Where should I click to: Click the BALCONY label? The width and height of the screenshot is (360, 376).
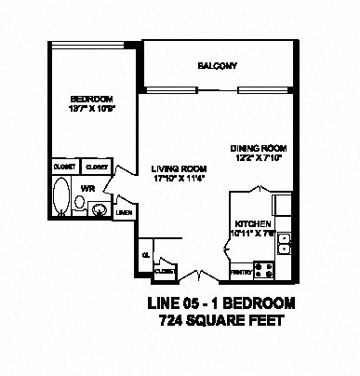pos(219,65)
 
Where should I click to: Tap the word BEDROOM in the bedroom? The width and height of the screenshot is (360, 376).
pos(92,100)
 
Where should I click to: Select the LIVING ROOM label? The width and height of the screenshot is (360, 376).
pos(170,168)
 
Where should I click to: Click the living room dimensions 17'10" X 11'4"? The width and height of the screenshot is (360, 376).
pos(171,179)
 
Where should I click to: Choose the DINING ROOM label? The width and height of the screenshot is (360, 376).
pos(259,148)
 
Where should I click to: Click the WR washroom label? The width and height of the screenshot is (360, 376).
pos(88,187)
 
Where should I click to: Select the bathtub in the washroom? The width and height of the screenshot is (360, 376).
pos(60,198)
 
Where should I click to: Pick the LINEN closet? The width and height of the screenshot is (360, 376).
pos(124,213)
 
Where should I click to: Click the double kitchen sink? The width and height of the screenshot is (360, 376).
pos(287,243)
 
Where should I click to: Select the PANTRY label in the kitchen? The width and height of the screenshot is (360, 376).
pos(240,272)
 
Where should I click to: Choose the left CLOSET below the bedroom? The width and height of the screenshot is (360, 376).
pos(64,167)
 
